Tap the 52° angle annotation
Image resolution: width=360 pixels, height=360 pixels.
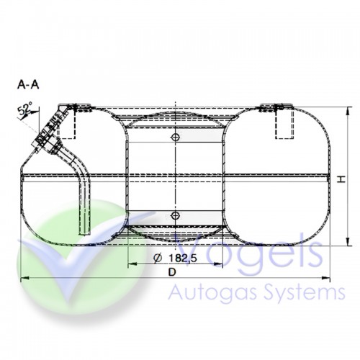(x=26, y=110)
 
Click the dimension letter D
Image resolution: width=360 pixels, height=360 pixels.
(x=171, y=272)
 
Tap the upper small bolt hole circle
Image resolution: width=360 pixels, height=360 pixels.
(x=174, y=137)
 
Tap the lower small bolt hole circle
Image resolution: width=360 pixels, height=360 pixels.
(x=174, y=215)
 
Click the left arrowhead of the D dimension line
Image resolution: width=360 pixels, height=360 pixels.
(x=24, y=278)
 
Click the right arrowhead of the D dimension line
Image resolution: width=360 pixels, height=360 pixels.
(x=327, y=278)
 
